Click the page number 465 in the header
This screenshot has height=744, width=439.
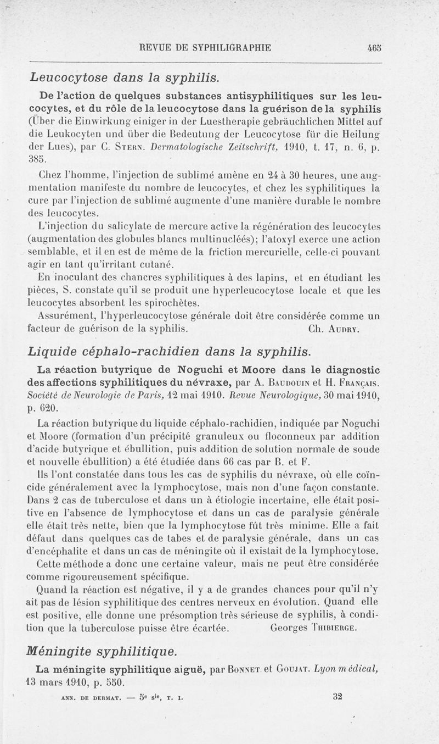pos(374,47)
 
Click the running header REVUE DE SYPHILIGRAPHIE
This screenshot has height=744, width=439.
pos(205,47)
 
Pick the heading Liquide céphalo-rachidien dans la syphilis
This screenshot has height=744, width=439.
pos(170,351)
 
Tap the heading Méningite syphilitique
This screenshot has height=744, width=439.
pos(103,652)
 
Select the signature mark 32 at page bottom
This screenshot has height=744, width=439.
pos(337,696)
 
